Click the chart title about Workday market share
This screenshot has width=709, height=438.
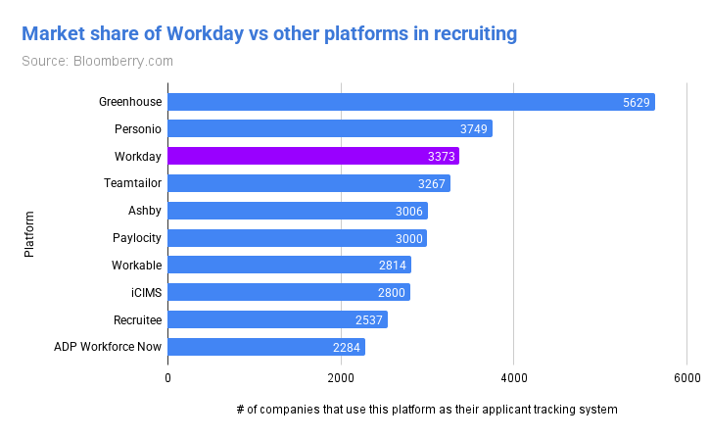pos(269,35)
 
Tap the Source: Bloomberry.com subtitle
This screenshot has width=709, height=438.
pos(97,62)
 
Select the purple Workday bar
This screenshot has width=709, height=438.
pos(313,156)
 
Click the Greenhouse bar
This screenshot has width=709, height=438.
pos(411,102)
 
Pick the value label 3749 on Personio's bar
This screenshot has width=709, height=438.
pos(475,129)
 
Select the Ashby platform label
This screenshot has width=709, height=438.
pos(145,211)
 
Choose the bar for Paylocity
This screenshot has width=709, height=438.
pos(298,238)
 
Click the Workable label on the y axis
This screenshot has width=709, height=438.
pos(136,265)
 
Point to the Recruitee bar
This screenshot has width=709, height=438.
pos(278,319)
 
